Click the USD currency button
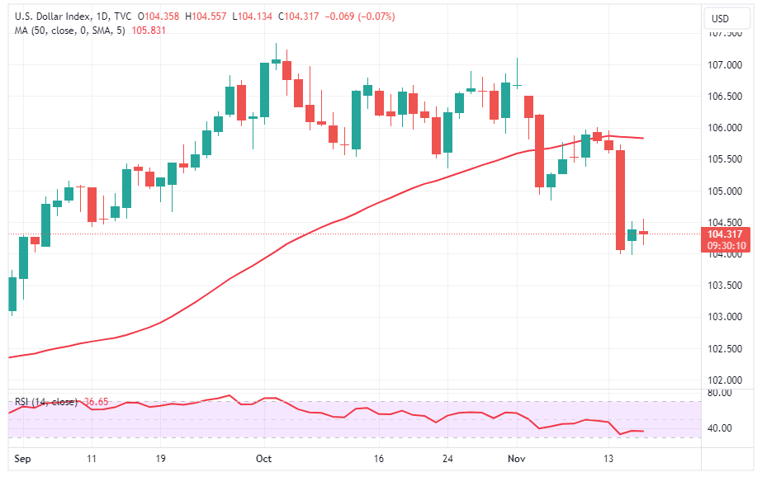(720, 18)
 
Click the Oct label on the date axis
(264, 457)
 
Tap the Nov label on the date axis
(517, 457)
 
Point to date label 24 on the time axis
(447, 457)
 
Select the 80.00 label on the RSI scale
(720, 393)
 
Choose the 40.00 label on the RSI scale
(720, 428)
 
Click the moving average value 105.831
(149, 31)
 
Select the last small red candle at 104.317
(643, 233)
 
